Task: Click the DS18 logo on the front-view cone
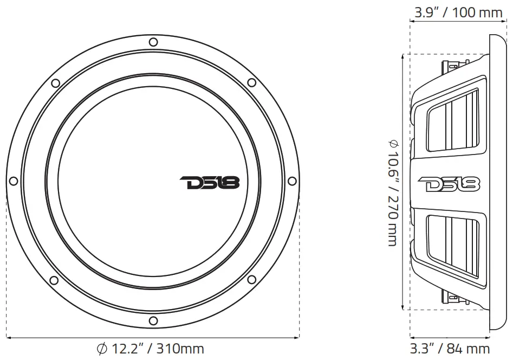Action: [209, 183]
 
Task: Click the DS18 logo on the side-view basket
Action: [449, 184]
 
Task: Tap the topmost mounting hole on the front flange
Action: [153, 42]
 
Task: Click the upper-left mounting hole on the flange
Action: [55, 83]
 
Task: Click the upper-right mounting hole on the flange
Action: [251, 83]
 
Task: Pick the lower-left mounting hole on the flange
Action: [54, 280]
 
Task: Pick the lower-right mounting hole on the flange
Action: [252, 280]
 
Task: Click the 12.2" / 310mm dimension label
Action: [150, 349]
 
